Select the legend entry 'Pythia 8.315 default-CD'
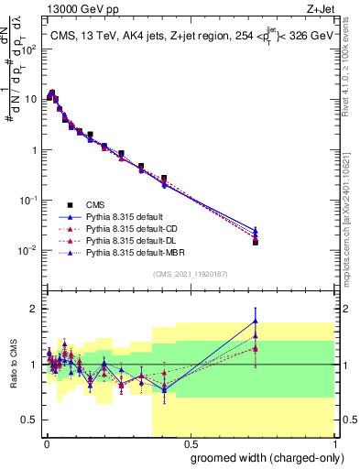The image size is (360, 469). (133, 228)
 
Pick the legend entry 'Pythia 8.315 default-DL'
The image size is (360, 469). (133, 240)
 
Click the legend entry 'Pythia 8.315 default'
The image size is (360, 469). (125, 216)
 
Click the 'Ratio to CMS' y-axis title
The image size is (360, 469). (13, 364)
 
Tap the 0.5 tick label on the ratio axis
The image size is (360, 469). (31, 420)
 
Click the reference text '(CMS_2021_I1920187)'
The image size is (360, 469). (189, 274)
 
